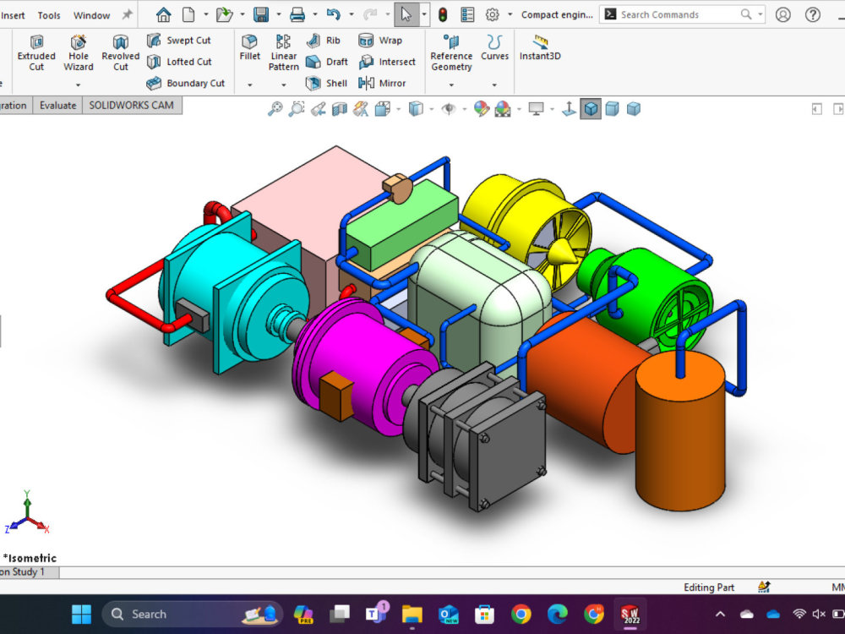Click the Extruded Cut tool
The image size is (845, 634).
pyautogui.click(x=36, y=52)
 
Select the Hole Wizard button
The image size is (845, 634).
pyautogui.click(x=78, y=52)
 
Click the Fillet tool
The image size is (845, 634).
pyautogui.click(x=249, y=47)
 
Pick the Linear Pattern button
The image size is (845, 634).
pyautogui.click(x=284, y=52)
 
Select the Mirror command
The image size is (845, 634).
pyautogui.click(x=382, y=83)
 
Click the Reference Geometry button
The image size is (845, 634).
pyautogui.click(x=451, y=52)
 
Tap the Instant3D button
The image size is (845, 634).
pyautogui.click(x=540, y=47)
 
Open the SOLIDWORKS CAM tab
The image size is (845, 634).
pyautogui.click(x=132, y=106)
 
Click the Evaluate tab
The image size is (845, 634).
pyautogui.click(x=58, y=106)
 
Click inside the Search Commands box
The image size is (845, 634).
pyautogui.click(x=676, y=14)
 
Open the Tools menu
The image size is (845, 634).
pyautogui.click(x=49, y=15)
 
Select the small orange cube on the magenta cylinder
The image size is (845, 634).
pyautogui.click(x=337, y=391)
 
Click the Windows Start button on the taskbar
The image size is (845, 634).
pyautogui.click(x=81, y=614)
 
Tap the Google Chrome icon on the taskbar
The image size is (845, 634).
pyautogui.click(x=521, y=614)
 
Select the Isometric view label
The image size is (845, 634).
pyautogui.click(x=30, y=558)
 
